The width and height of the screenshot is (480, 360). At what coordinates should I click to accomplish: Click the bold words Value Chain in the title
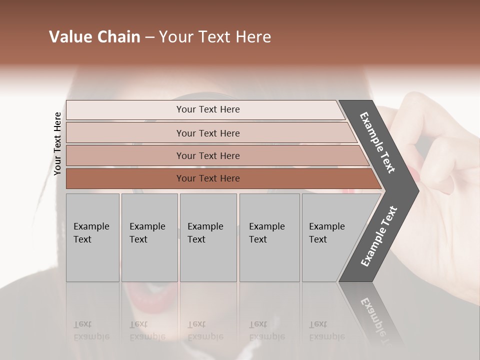click(94, 37)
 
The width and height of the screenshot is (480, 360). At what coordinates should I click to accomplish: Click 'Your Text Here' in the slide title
click(215, 37)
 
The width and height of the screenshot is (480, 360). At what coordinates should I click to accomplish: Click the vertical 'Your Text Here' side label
click(57, 143)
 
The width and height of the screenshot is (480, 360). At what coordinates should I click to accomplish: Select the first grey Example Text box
click(92, 237)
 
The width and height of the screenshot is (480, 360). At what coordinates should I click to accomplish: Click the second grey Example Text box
click(149, 237)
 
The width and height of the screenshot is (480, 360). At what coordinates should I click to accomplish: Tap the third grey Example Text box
click(208, 237)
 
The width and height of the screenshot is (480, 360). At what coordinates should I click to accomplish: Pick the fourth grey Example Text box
click(269, 237)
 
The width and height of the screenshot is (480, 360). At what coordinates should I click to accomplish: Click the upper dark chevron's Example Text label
click(377, 142)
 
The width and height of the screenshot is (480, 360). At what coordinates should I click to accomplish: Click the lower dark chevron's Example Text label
click(378, 236)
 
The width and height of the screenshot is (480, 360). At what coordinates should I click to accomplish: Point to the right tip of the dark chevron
click(418, 190)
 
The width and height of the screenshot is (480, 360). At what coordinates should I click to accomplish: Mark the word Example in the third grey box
click(205, 226)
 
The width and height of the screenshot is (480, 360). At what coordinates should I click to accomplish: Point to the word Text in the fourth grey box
click(258, 239)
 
